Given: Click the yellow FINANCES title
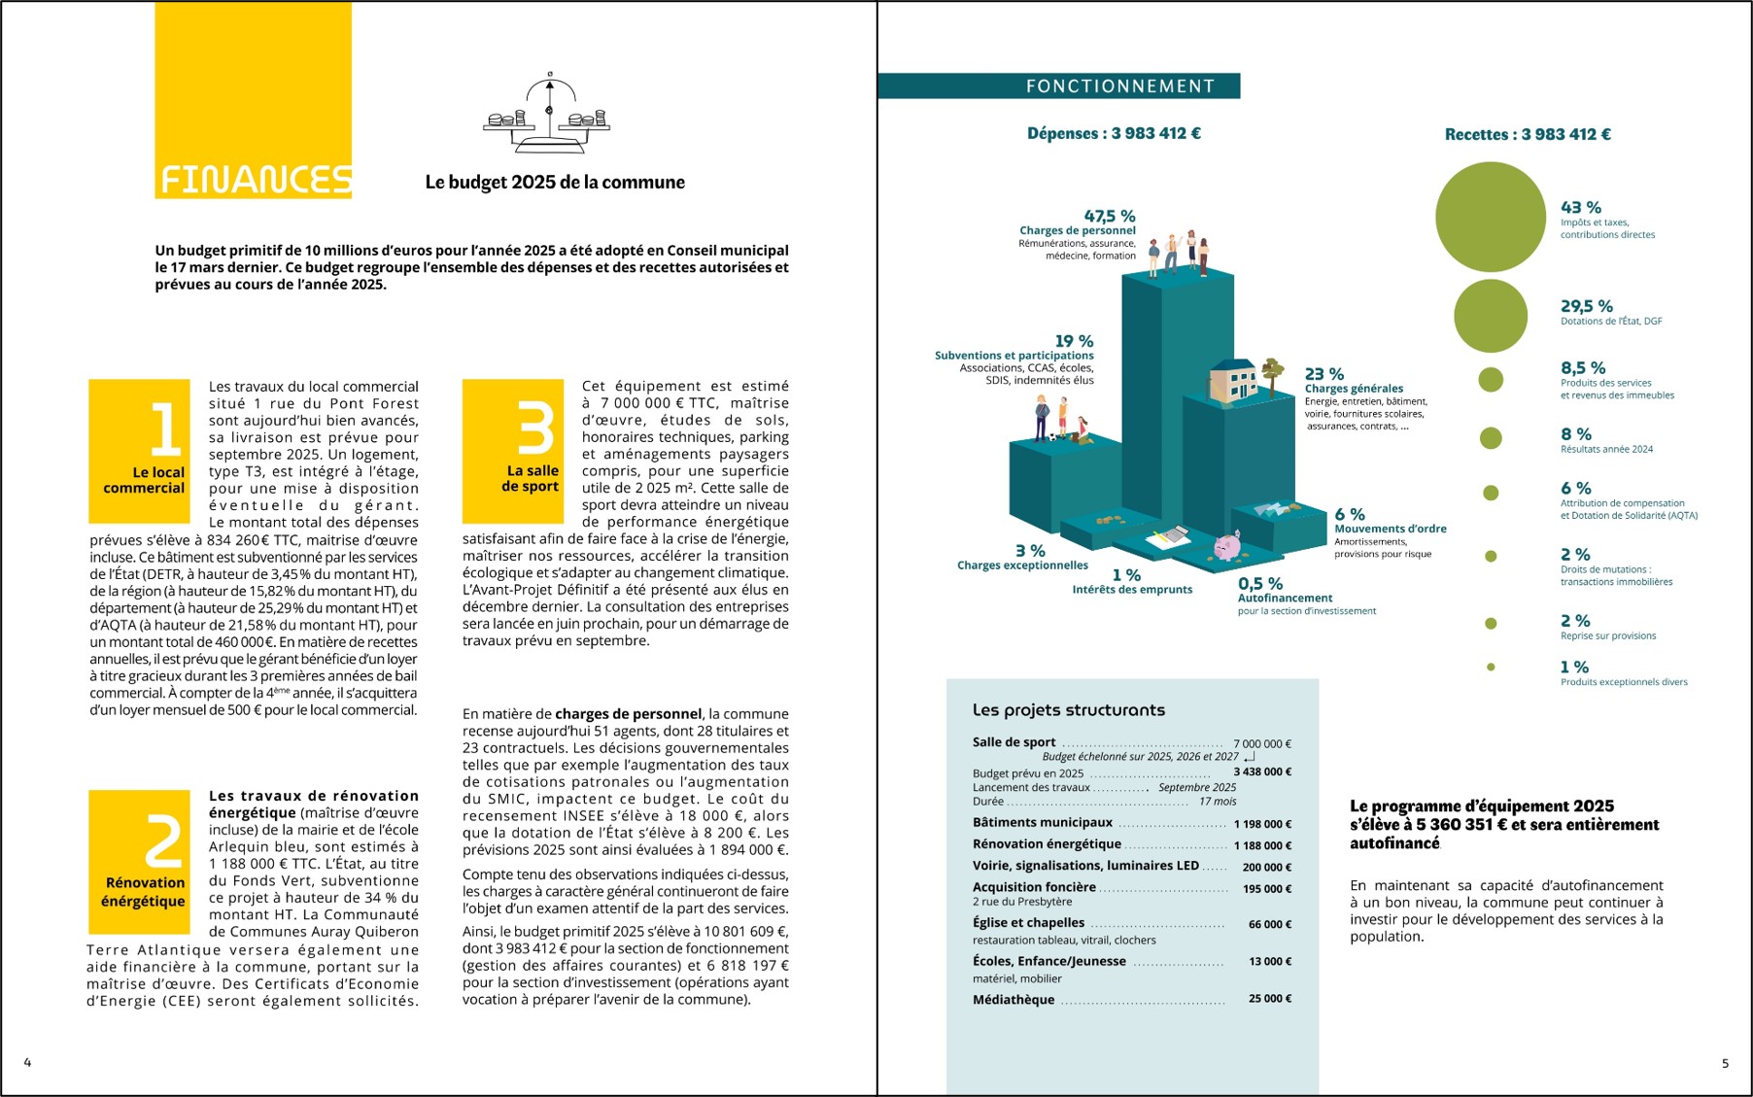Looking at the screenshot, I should point(255,180).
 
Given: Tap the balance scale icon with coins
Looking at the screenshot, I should point(547,116).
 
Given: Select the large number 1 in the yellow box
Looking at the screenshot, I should point(164,429).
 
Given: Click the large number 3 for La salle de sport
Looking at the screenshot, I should point(535,429).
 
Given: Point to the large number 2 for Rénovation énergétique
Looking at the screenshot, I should point(162,840).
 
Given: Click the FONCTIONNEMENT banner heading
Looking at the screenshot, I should point(1119,86).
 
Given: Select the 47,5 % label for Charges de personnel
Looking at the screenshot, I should point(1109,216).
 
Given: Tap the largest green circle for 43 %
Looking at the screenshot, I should point(1490,217).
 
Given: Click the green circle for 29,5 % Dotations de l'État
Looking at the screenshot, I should point(1490,316).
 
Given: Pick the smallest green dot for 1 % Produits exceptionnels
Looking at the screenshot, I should point(1491,668).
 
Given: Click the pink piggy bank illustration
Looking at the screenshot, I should point(1227,546).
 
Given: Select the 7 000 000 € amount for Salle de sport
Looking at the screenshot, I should point(1261,744).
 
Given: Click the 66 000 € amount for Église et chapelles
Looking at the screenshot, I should point(1269,924).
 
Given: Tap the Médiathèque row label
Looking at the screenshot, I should point(1013,1000).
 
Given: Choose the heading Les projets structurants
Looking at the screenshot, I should point(1068,710).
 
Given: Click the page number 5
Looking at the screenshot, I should point(1725,1063).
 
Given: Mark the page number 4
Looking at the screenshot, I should point(27,1062).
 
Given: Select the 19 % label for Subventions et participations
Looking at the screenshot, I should point(1074,341).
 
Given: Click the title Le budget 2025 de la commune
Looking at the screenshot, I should point(555,183).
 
